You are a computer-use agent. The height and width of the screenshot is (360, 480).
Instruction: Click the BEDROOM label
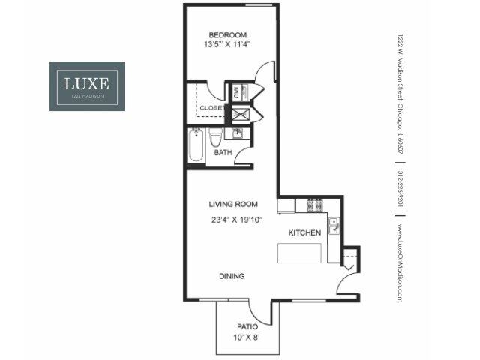(227, 35)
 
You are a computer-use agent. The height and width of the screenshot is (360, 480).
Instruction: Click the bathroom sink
(236, 134)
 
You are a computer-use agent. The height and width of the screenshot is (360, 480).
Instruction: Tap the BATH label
(223, 153)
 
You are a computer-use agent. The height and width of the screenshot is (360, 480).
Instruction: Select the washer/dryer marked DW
(236, 93)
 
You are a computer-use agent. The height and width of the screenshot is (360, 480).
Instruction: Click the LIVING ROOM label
(233, 203)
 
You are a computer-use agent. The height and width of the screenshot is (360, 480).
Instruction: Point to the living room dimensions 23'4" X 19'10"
(235, 220)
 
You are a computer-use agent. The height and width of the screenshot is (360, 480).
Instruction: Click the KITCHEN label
(304, 233)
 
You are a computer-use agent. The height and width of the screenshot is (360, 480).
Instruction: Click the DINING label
(232, 276)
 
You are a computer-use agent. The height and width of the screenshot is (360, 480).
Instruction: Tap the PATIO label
(247, 326)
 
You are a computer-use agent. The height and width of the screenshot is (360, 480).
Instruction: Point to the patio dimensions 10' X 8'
(247, 338)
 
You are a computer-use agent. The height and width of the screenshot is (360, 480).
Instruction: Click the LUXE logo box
(87, 86)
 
